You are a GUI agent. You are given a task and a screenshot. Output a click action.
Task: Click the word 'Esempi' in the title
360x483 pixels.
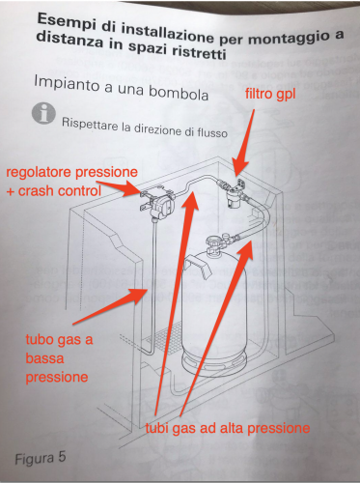60,21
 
